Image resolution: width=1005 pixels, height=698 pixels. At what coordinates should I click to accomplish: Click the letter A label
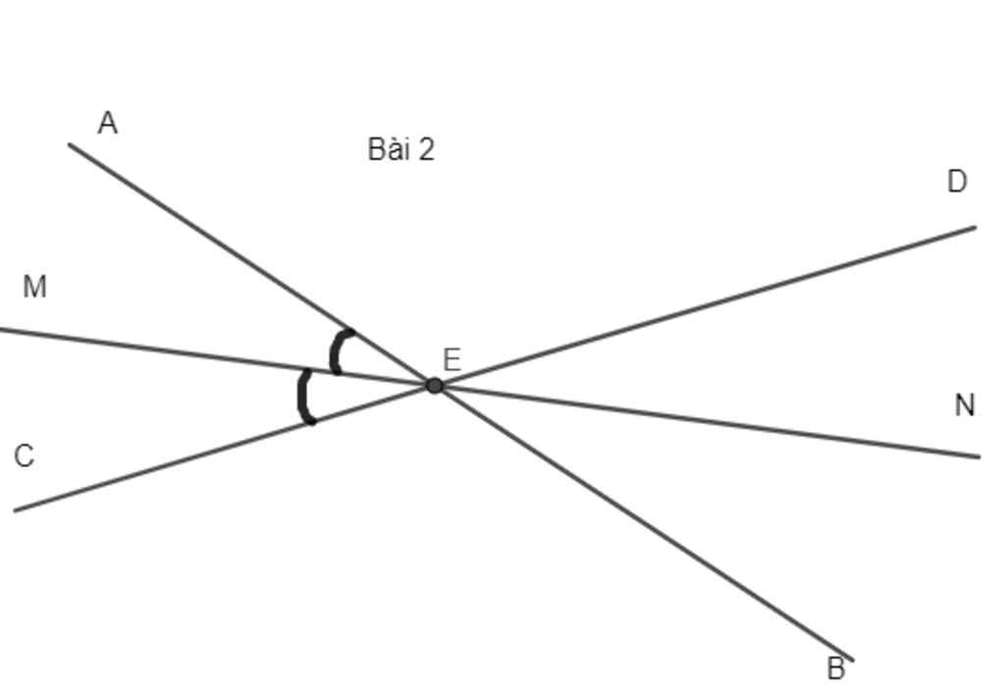point(108,123)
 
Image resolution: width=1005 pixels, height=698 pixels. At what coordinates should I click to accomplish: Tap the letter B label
point(836,670)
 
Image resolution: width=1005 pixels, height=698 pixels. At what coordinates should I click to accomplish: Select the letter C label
point(24,456)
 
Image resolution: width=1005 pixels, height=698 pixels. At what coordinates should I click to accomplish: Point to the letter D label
point(957,182)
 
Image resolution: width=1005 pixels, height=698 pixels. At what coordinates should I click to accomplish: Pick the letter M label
point(34,287)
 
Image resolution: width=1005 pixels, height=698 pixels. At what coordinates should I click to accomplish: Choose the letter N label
point(965,405)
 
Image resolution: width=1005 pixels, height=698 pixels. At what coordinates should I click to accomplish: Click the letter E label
point(451,360)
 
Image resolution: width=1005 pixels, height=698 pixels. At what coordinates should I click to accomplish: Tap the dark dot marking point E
point(435,386)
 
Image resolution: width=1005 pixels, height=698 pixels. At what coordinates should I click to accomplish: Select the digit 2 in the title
point(426,150)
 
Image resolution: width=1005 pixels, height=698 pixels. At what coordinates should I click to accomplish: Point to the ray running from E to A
point(252,265)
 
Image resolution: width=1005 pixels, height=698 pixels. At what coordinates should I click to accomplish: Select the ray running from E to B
point(644,522)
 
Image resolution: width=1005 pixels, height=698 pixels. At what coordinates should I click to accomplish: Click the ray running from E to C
point(225,448)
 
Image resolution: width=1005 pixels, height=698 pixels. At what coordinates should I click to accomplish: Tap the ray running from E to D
point(705,306)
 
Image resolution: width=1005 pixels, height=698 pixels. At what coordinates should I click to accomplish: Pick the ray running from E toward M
point(217,357)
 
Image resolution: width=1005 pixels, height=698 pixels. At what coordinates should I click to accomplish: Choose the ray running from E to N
point(707,421)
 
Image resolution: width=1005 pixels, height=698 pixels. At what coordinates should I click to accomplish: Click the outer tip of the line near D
point(976,227)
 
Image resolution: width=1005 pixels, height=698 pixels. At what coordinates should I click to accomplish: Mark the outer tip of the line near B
point(853,660)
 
